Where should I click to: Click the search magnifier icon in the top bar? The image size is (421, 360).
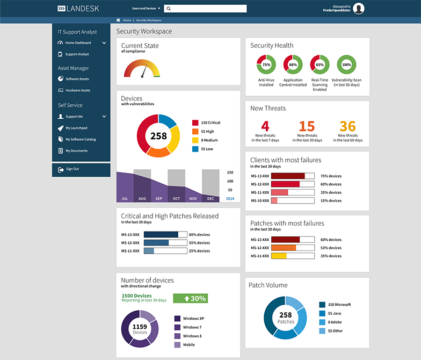(x=169, y=9)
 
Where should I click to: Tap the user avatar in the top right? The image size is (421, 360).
(x=359, y=8)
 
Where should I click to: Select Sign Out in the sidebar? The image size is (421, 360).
(x=72, y=169)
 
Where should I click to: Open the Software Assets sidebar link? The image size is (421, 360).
(x=77, y=79)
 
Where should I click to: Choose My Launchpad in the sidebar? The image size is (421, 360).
(x=76, y=128)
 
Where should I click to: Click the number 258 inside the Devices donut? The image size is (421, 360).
(x=158, y=136)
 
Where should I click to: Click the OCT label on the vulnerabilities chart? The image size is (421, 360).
(x=176, y=199)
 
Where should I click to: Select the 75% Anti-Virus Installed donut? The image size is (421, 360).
(x=266, y=64)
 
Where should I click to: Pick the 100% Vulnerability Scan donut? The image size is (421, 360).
(x=346, y=64)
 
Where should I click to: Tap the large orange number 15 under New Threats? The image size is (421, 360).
(x=307, y=126)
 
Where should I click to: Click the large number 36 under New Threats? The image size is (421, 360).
(x=347, y=126)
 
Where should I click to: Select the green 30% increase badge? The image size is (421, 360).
(x=190, y=298)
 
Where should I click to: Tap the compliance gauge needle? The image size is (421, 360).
(x=143, y=71)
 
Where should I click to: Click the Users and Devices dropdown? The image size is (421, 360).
(x=146, y=9)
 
